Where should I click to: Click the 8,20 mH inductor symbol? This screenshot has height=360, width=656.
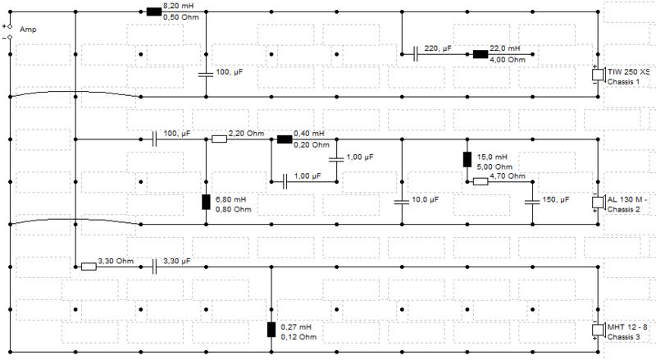(154, 11)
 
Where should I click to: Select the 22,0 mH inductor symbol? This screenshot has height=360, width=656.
(481, 54)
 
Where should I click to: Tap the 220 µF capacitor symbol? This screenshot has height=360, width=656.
(415, 54)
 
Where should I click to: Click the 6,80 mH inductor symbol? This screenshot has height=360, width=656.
(206, 203)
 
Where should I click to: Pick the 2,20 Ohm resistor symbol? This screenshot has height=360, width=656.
(219, 139)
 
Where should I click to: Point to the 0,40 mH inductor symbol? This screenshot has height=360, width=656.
(285, 139)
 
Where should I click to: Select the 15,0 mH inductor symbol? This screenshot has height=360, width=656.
(467, 159)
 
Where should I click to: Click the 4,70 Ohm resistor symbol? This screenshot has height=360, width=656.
(481, 182)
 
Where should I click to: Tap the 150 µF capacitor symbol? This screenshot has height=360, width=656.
(532, 203)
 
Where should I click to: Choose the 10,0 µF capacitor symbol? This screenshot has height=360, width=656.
(402, 203)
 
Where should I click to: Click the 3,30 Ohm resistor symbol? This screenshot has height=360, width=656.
(89, 267)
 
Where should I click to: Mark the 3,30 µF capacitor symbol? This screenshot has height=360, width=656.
(154, 267)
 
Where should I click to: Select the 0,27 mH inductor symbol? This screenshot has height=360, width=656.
(271, 330)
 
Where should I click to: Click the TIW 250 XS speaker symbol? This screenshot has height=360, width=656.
(599, 75)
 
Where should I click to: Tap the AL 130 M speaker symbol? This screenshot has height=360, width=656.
(599, 203)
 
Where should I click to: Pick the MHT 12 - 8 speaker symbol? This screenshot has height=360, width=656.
(599, 330)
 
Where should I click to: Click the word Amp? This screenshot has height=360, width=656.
(28, 30)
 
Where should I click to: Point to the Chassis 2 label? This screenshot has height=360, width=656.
(623, 209)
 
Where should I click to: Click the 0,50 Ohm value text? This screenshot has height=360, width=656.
(180, 17)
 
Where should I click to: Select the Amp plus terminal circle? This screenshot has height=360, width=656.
(10, 26)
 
